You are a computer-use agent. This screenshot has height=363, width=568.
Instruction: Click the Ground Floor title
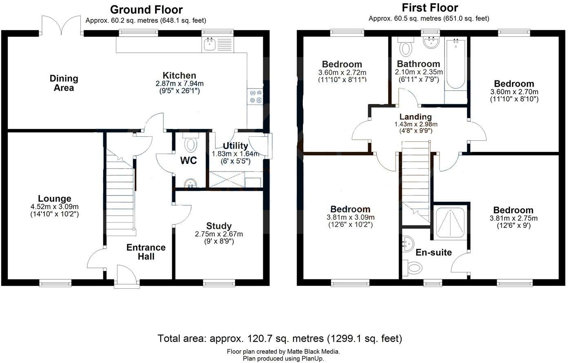[146, 9]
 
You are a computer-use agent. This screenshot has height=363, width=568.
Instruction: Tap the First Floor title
[430, 8]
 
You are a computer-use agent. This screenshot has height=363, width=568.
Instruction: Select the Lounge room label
[54, 199]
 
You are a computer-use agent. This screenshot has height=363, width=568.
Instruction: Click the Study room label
[219, 226]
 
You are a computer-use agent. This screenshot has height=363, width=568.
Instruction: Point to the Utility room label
[235, 146]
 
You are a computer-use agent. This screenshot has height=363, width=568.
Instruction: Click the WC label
[189, 160]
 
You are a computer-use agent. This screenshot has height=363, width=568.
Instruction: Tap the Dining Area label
[64, 83]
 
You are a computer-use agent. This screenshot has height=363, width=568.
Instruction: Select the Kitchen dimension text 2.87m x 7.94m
[180, 84]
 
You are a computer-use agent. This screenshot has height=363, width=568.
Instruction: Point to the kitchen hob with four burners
[256, 96]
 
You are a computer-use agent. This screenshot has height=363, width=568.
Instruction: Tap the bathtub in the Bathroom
[455, 65]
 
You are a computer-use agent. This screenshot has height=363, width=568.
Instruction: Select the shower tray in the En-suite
[450, 223]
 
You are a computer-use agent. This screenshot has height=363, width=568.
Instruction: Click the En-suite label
[433, 252]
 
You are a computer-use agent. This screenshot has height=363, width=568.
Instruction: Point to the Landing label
[415, 117]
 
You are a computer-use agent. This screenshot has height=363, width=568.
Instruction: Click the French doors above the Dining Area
[61, 26]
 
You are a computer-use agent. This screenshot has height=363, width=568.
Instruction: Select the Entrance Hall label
[146, 252]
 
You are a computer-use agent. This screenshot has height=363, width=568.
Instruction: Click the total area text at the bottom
[280, 338]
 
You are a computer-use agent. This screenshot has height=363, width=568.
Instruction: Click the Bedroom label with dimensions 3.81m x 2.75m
[513, 210]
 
